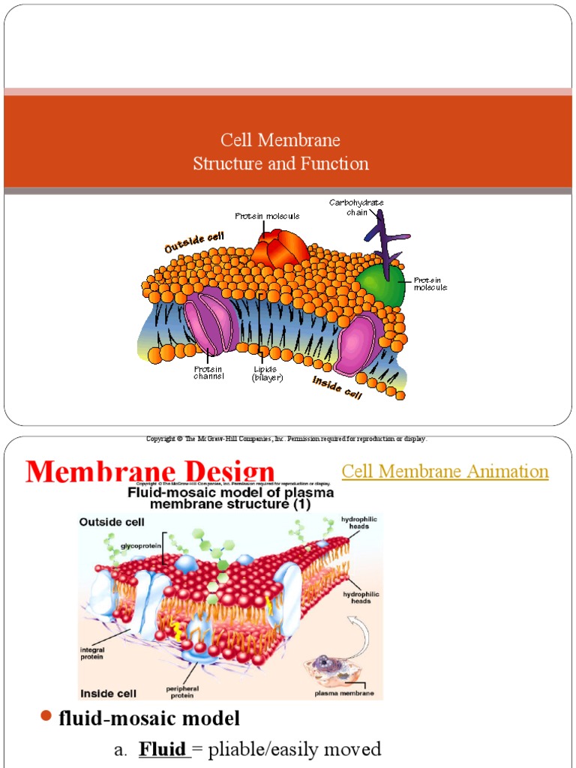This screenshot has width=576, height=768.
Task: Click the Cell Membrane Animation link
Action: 445,472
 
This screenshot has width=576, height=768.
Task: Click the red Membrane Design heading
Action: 150,472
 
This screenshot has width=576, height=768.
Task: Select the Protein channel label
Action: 208,373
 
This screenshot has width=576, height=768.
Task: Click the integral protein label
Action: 94,653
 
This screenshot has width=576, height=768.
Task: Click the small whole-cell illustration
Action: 330,664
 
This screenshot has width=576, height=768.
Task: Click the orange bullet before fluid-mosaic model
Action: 45,718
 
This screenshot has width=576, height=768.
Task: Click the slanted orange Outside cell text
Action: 194,241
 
